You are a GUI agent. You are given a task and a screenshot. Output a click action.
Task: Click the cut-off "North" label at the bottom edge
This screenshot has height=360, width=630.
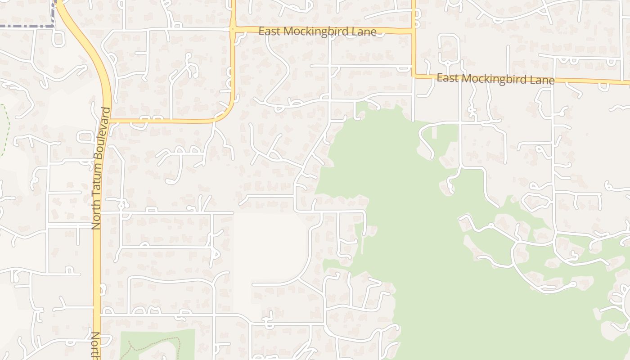click(x=95, y=346)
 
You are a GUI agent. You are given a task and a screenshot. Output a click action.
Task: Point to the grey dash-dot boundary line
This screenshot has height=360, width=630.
click(x=27, y=26)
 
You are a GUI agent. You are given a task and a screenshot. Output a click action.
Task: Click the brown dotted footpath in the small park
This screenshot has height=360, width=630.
click(x=153, y=342)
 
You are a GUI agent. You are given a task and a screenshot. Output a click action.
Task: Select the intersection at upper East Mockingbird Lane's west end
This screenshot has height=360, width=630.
click(x=233, y=30)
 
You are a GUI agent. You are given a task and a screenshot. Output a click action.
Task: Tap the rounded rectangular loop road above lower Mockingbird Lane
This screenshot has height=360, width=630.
click(x=449, y=49)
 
